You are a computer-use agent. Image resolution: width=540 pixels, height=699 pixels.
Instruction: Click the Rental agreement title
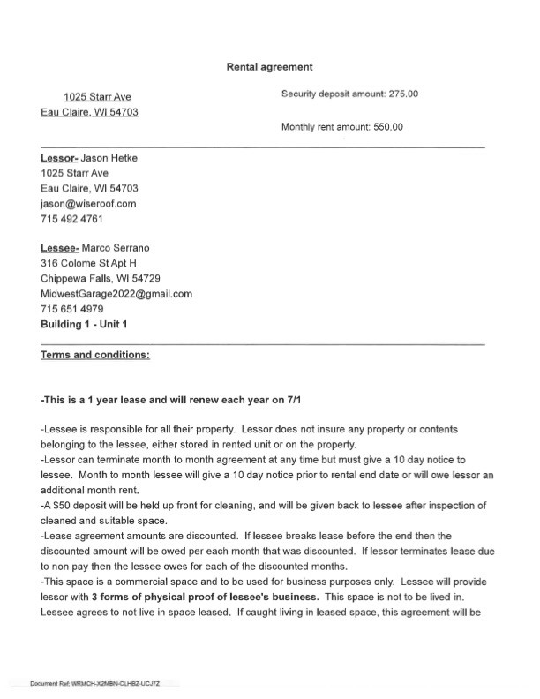[269, 66]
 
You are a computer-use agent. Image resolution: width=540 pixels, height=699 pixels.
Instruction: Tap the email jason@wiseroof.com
[89, 203]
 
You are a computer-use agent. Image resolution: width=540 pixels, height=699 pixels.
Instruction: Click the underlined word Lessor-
[59, 158]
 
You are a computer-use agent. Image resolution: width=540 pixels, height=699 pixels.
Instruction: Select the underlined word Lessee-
[60, 248]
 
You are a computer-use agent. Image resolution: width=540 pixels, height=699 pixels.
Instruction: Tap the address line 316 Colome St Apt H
[89, 263]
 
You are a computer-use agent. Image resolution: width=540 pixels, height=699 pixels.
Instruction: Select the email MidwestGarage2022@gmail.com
[116, 293]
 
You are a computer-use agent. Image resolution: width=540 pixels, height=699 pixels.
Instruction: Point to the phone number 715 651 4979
[72, 309]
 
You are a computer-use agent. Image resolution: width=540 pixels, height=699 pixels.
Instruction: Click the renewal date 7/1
[304, 399]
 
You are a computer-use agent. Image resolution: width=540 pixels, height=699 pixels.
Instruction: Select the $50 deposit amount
[62, 506]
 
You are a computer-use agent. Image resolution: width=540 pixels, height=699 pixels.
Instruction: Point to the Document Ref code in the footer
[104, 684]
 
